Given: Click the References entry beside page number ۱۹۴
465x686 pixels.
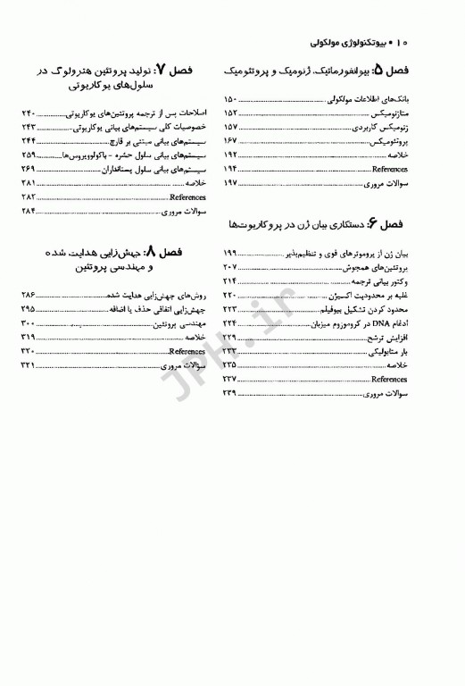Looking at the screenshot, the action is pos(390,168).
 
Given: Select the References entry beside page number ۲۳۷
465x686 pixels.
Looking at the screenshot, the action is pos(390,379).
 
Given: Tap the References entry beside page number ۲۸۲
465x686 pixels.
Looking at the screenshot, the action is pos(187,197).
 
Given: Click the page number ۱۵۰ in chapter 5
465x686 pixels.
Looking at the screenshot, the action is pos(229,99).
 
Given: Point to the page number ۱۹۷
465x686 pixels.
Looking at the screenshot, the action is pos(229,182).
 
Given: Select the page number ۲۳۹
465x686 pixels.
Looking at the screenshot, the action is pos(229,393).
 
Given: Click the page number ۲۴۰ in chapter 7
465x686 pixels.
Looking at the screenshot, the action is pos(28,113).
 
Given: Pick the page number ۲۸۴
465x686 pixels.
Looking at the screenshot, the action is pos(28,211).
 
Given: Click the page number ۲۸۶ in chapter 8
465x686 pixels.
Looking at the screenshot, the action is pos(28,295).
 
